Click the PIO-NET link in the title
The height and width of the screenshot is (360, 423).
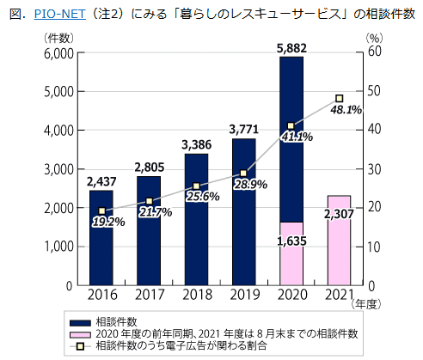click(x=48, y=15)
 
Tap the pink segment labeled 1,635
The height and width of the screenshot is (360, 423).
click(x=291, y=253)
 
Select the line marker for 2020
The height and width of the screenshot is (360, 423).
click(x=291, y=125)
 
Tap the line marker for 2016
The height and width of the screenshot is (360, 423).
click(x=101, y=211)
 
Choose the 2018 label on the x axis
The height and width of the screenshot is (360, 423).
click(x=196, y=296)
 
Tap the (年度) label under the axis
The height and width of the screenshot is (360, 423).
click(x=366, y=303)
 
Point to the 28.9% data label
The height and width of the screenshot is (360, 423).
click(x=251, y=185)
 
